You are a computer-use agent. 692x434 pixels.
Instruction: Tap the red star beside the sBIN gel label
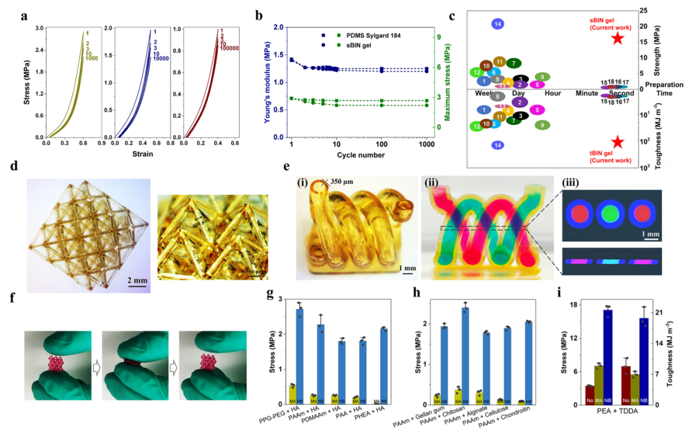point(617,38)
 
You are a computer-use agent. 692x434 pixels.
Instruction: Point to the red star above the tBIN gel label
point(618,142)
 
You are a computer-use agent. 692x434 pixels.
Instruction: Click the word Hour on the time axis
point(552,93)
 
